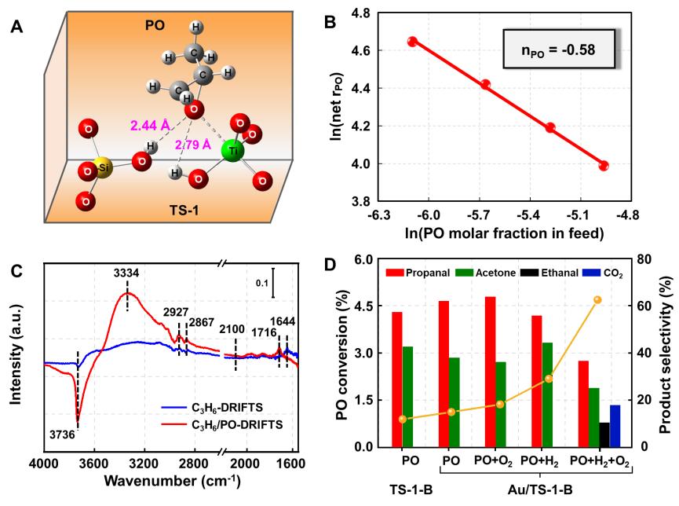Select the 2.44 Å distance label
pos(150,126)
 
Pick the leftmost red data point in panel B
pos(412,42)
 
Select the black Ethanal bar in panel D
pos(604,434)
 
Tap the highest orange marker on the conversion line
pos(597,299)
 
